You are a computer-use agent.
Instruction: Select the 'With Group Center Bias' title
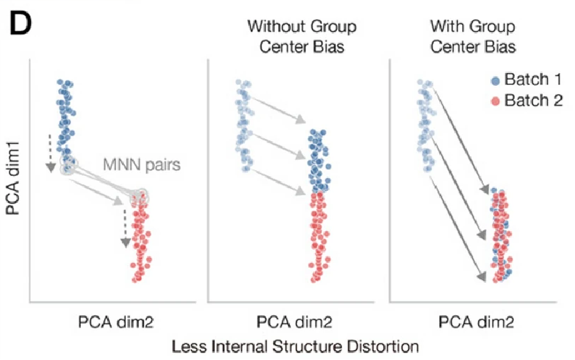(472, 37)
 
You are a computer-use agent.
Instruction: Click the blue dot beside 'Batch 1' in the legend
(495, 80)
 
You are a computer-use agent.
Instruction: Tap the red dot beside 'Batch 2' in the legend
(495, 101)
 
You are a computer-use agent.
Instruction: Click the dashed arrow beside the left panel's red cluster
(125, 227)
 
